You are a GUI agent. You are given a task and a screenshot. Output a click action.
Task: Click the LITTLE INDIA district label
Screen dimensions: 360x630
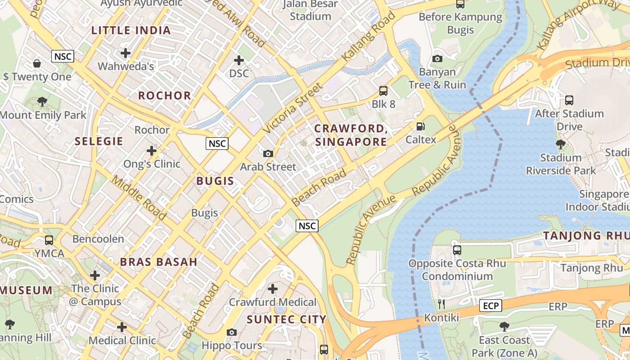(131, 31)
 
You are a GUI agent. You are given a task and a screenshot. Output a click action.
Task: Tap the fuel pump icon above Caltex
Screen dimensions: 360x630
(420, 127)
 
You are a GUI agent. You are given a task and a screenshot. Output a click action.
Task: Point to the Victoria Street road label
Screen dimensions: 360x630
(293, 108)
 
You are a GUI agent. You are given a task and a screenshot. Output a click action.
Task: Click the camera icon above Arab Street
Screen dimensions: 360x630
(268, 153)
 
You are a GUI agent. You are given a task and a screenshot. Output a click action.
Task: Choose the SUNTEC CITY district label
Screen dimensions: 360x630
(287, 319)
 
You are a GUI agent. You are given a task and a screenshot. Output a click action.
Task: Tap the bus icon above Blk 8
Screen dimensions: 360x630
(383, 91)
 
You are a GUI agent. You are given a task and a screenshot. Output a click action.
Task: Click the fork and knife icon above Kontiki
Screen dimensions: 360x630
(441, 304)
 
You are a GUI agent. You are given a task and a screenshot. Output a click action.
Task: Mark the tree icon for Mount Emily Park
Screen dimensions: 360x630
(42, 102)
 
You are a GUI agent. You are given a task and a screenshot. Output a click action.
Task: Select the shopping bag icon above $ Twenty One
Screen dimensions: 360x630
(37, 63)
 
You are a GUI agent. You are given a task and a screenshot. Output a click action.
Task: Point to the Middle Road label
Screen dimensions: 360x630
(139, 198)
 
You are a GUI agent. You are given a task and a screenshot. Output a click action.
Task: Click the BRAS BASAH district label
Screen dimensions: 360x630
(158, 262)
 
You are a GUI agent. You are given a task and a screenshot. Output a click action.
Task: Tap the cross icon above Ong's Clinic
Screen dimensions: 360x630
(152, 150)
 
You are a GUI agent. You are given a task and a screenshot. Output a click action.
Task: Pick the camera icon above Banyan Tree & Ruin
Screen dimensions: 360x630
(437, 58)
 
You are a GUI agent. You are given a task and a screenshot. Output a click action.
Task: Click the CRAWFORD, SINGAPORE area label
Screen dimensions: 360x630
(351, 135)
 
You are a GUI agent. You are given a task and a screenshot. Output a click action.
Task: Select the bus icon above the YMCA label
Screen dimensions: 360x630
(49, 240)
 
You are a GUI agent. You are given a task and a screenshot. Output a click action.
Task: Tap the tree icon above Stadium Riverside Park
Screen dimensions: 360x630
(561, 144)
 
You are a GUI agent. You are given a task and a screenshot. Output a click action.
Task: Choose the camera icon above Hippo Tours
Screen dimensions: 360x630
(232, 332)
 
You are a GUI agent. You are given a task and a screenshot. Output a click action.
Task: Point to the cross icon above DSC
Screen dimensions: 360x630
(239, 60)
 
